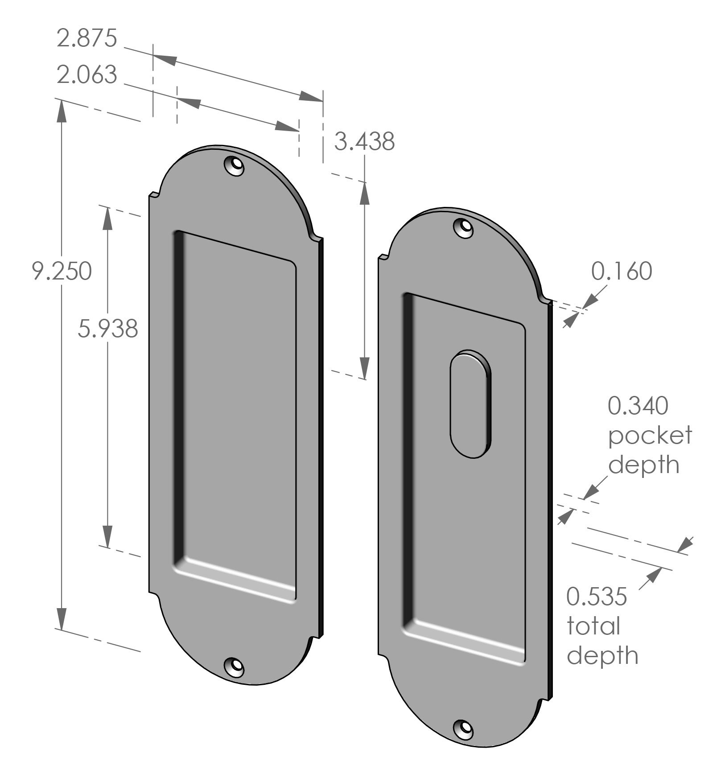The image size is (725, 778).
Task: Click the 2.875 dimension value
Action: pos(87,38)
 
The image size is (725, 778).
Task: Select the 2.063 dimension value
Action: pos(87,75)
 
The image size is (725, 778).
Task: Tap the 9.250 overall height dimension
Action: pos(62,271)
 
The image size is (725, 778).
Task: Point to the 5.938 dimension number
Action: pos(107,329)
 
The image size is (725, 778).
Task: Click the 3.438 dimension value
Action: pos(364,142)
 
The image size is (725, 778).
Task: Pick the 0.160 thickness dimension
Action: pos(622,271)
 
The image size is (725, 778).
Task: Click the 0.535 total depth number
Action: pos(597,597)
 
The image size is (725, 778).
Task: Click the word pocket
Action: pos(650,436)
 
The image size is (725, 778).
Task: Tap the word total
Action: pos(593,626)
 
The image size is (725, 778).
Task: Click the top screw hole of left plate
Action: pos(235,166)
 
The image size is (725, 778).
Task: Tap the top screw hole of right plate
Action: pos(464,228)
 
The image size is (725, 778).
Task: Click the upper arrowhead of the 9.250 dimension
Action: pos(61,110)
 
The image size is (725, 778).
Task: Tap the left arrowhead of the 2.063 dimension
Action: pos(188,101)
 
